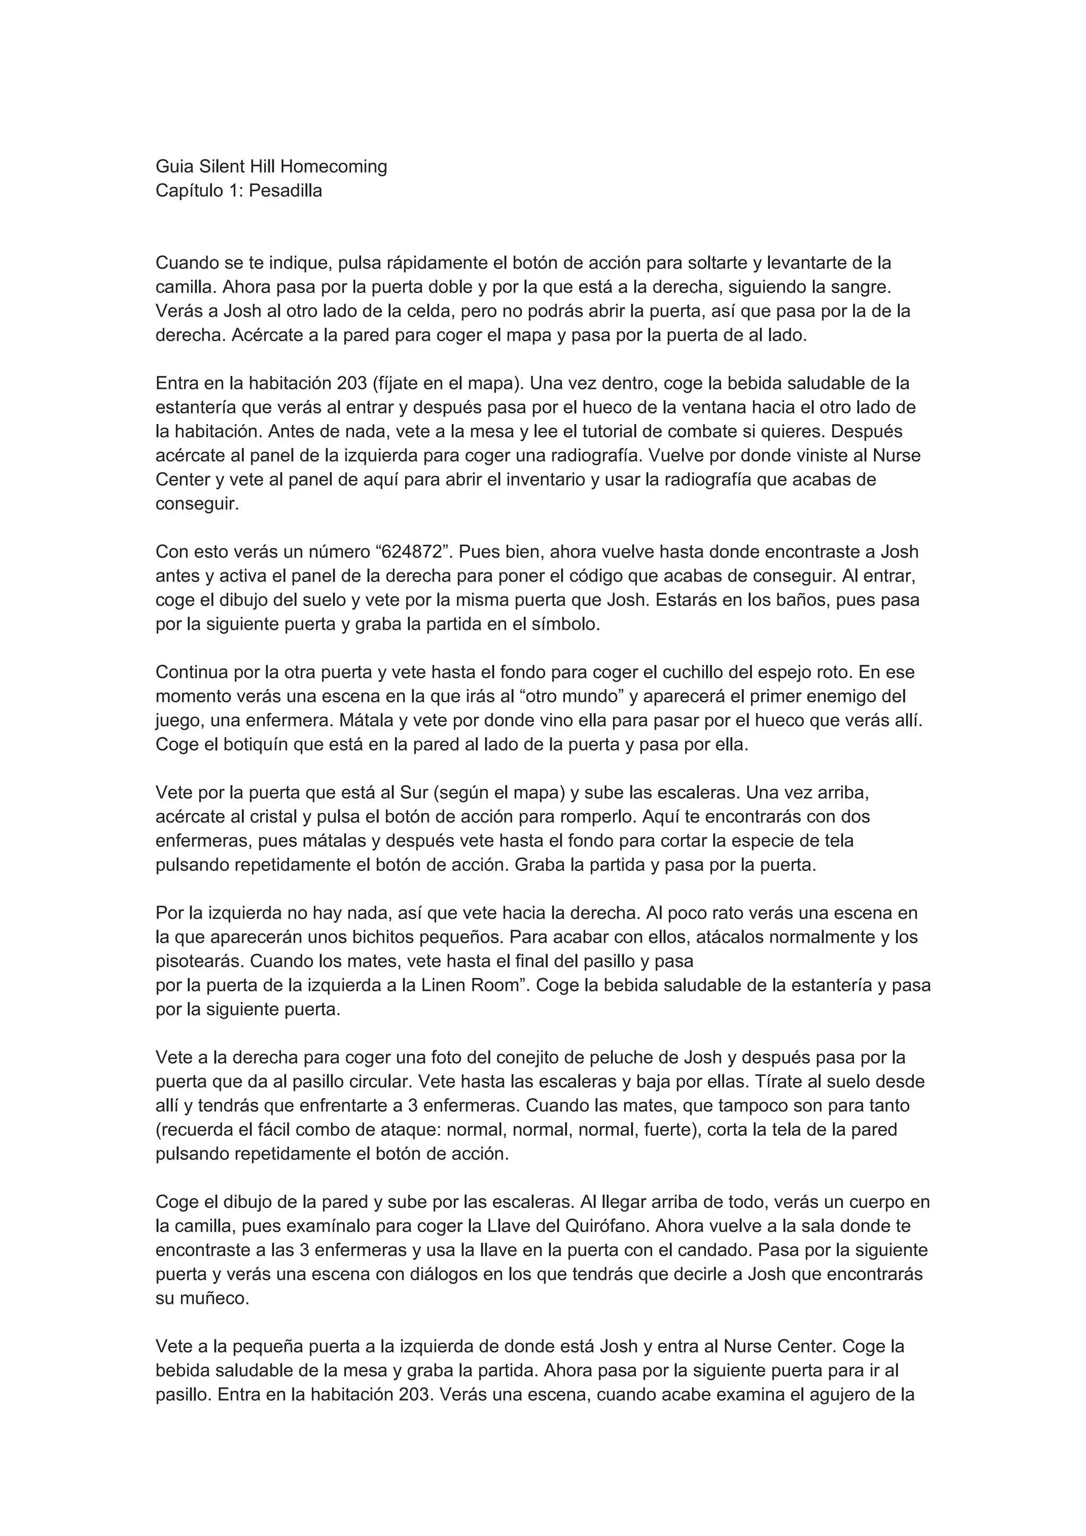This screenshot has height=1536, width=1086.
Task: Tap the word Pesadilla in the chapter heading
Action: [286, 191]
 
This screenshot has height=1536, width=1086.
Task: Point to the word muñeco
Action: [212, 1299]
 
